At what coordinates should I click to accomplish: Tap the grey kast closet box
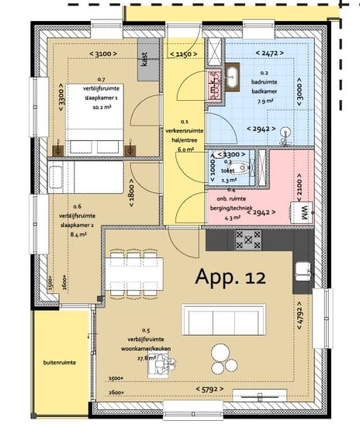pyautogui.click(x=145, y=55)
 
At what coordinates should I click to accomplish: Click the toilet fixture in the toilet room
pyautogui.click(x=243, y=167)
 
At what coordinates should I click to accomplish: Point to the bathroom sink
pyautogui.click(x=234, y=77)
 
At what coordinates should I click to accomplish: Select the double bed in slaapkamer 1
pyautogui.click(x=93, y=125)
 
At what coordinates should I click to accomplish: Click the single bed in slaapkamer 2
pyautogui.click(x=83, y=177)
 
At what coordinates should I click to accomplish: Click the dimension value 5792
pyautogui.click(x=209, y=388)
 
